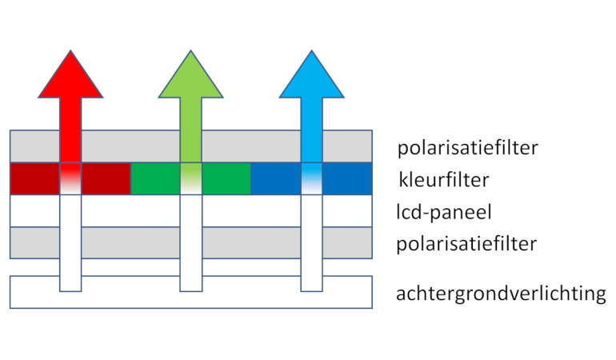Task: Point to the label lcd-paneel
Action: pos(443,212)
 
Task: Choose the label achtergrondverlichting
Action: pos(501,294)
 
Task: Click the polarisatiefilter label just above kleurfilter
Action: pos(467,148)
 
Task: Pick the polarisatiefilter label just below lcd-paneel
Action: pos(467,244)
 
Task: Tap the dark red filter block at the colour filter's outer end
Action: pos(35,179)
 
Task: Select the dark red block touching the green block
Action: pos(106,179)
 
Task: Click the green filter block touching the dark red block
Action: pos(155,179)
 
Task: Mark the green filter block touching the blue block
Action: pos(226,179)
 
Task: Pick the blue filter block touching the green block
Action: pos(276,179)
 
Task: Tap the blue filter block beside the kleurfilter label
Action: pos(347,179)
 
